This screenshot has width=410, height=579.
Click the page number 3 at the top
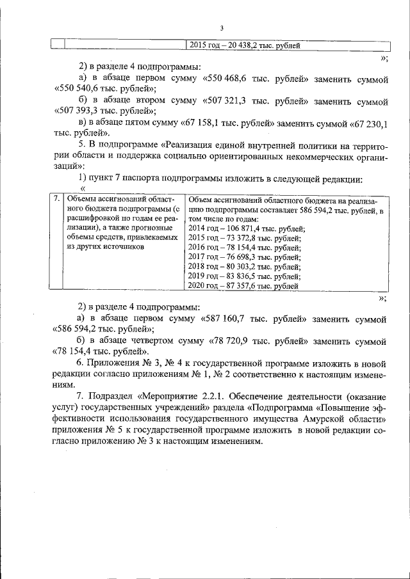pyautogui.click(x=222, y=28)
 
